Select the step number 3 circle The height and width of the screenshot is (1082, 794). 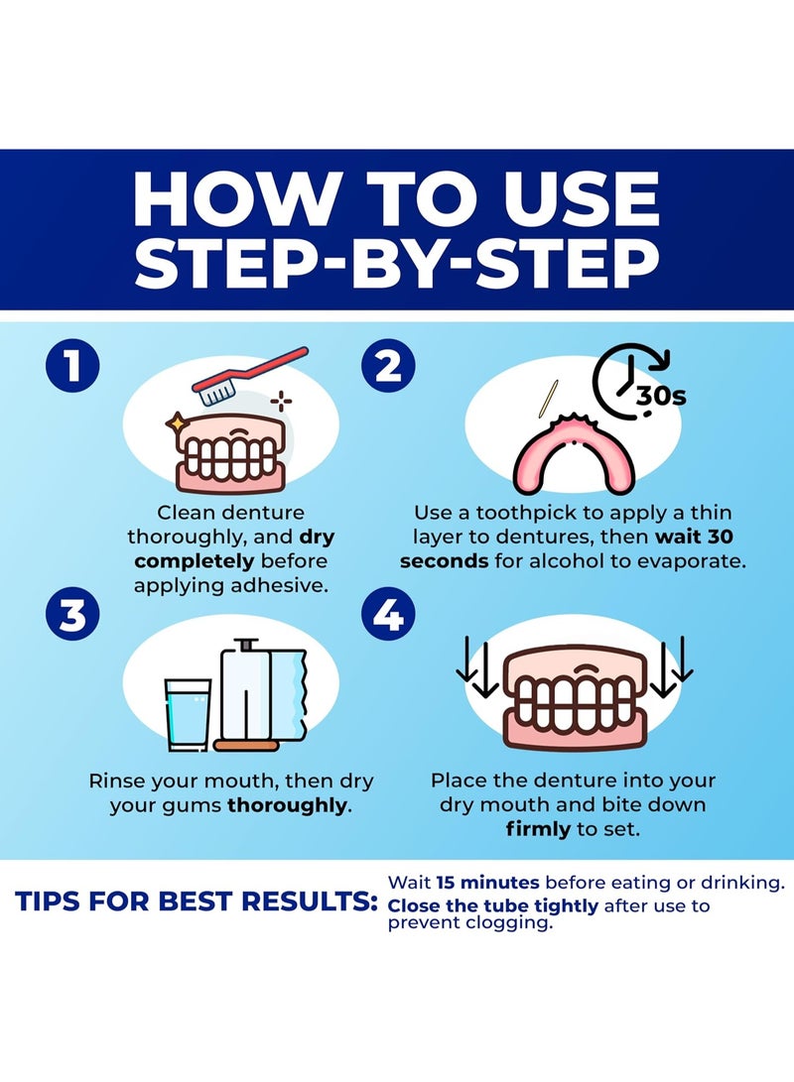[x=72, y=615]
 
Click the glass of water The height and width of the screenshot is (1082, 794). [x=188, y=715]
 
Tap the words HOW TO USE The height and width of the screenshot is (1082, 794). [x=397, y=198]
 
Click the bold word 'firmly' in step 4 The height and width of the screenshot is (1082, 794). [x=538, y=829]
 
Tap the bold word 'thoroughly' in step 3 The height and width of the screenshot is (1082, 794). [x=288, y=804]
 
